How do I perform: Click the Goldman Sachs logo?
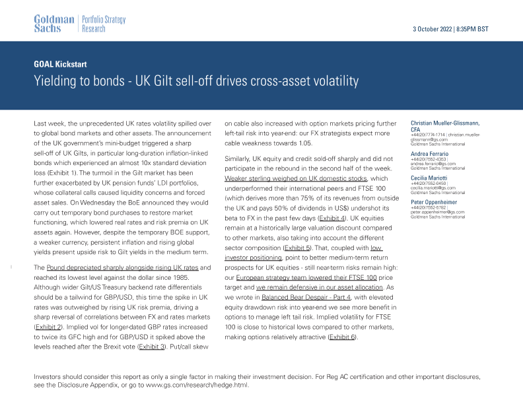click(x=54, y=24)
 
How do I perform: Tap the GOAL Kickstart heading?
click(x=60, y=65)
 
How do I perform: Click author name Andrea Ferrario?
click(x=430, y=153)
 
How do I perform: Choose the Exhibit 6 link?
click(x=341, y=337)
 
